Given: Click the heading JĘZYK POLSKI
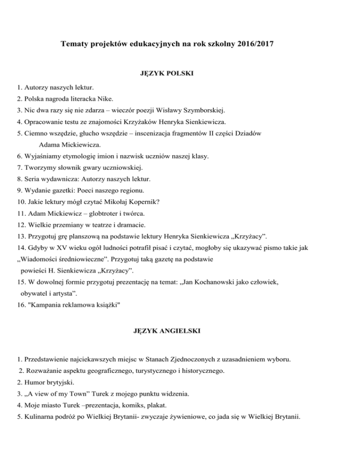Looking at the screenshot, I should pos(167,74).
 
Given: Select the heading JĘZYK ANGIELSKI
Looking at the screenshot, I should pos(167,331).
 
